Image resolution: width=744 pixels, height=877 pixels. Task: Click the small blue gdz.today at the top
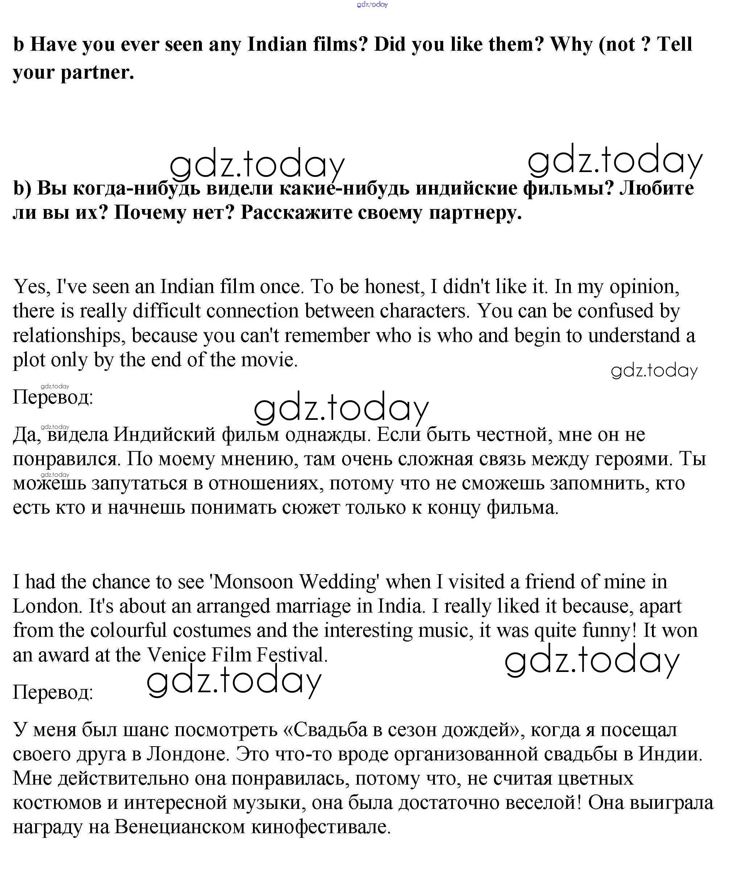point(372,5)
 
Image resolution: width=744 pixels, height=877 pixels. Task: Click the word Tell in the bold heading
point(674,44)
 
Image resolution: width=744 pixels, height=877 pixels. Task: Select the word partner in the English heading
point(97,72)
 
